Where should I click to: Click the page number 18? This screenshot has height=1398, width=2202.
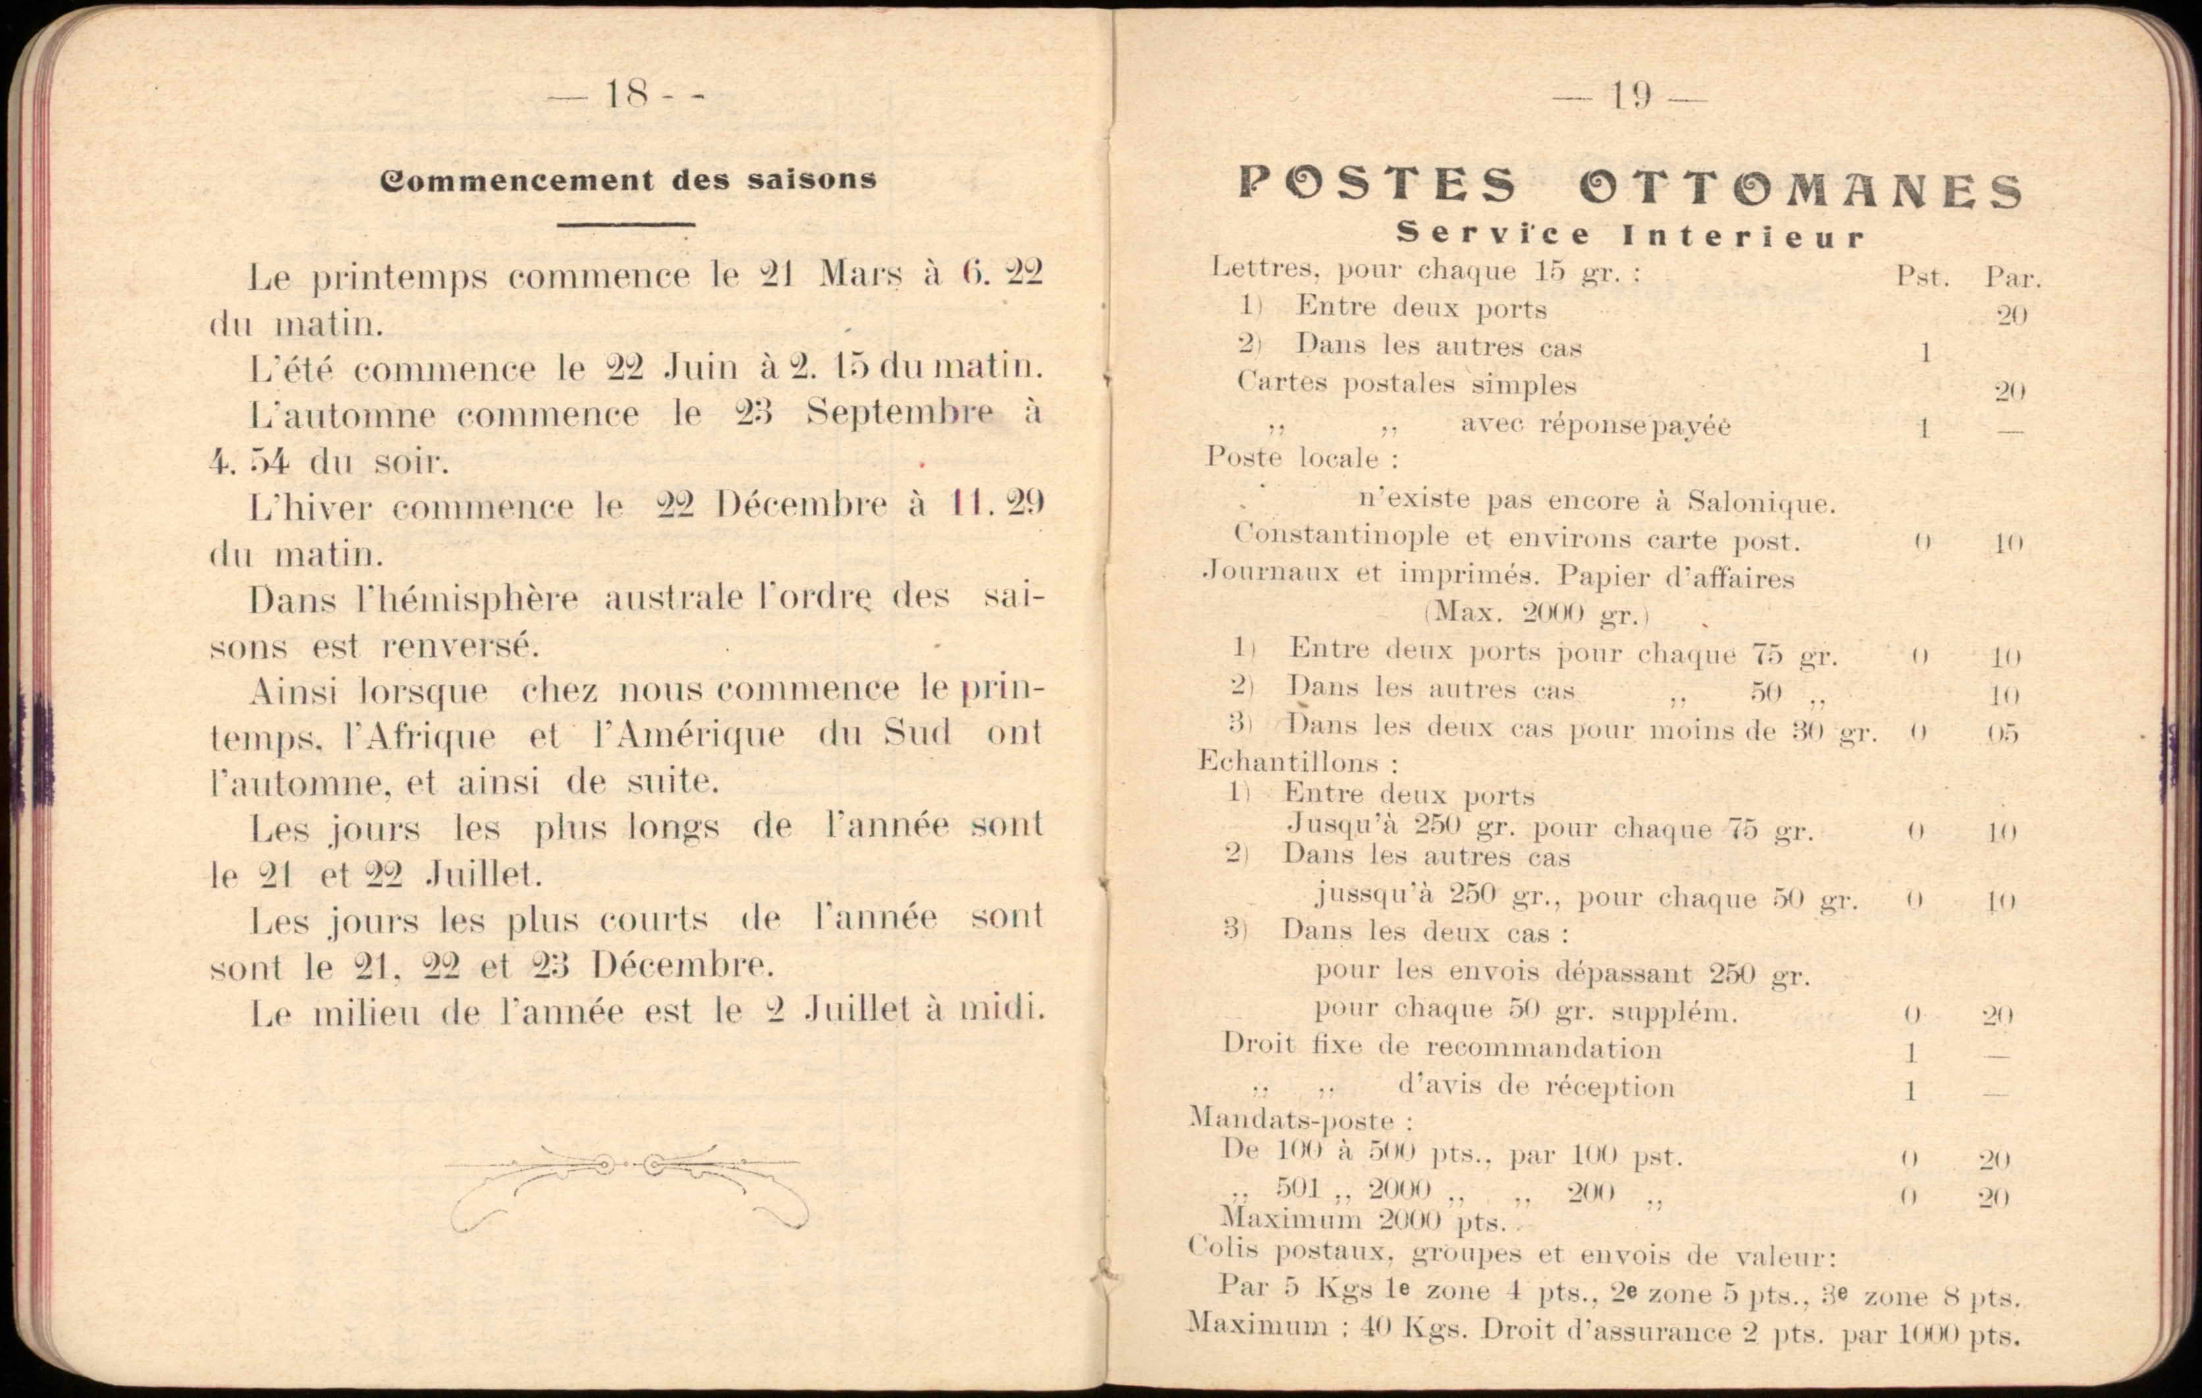coord(626,94)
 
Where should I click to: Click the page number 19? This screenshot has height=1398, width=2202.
coord(1630,96)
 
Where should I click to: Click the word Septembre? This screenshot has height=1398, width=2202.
coord(899,412)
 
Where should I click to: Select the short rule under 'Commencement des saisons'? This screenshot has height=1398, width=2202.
coord(626,224)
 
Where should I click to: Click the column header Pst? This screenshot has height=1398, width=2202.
coord(1921,276)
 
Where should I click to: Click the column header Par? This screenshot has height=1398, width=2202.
coord(2012,277)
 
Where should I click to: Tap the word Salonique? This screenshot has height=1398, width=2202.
coord(1760,503)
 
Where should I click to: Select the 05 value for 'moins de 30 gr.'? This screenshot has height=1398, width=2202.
coord(2002,734)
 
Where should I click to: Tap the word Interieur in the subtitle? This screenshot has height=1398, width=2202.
coord(1743,237)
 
